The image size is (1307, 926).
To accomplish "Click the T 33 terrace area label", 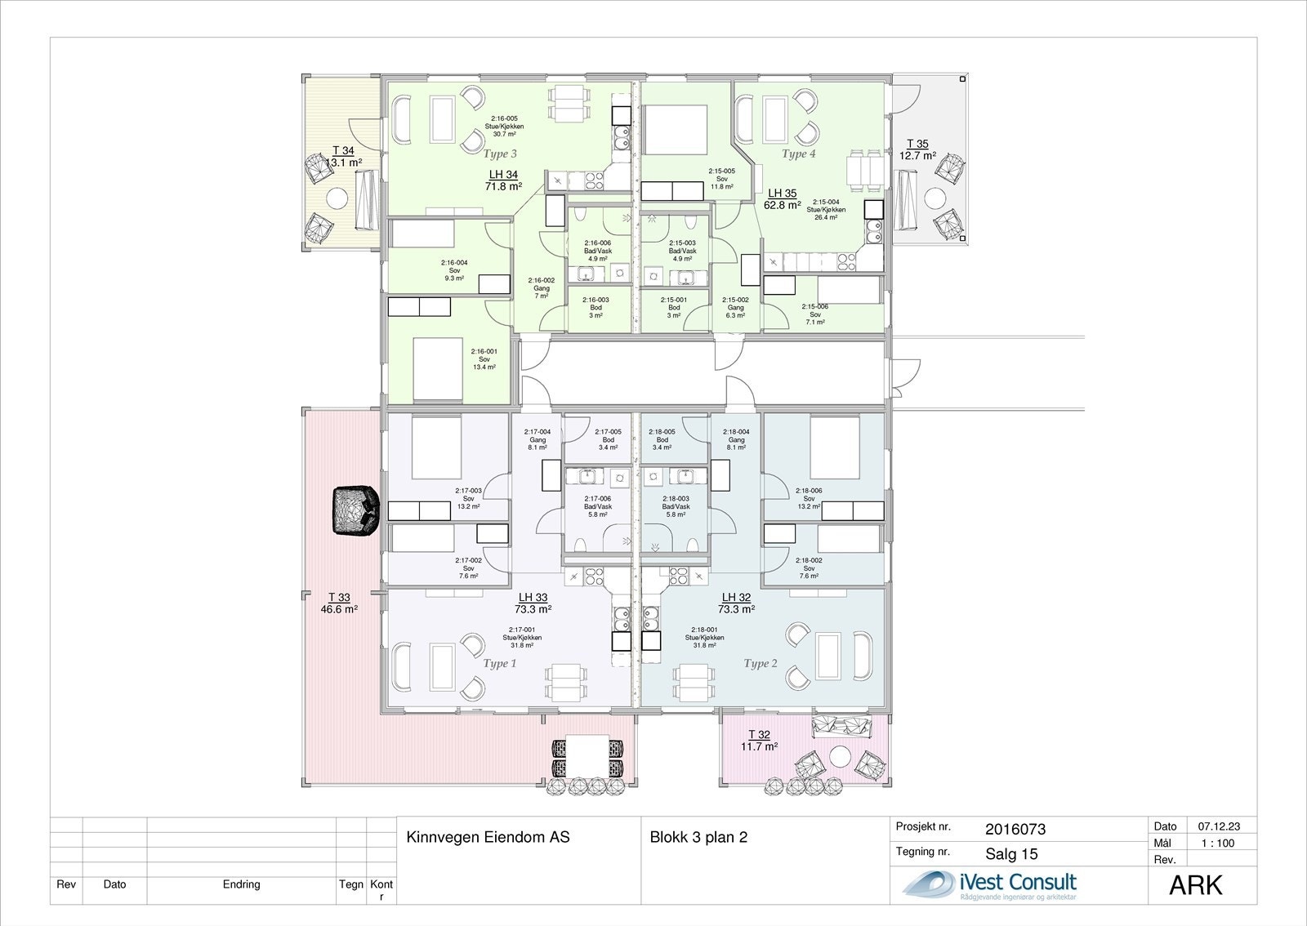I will [339, 603].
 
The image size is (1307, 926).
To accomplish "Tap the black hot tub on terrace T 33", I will [355, 510].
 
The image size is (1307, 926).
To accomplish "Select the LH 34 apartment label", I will [503, 180].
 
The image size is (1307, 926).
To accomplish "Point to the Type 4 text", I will [798, 154].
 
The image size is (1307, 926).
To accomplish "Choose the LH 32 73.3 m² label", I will [736, 603].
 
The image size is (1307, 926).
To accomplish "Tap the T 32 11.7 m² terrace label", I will [759, 741].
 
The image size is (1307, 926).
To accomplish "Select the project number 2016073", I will [1015, 830].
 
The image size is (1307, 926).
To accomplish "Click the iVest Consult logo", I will [988, 885].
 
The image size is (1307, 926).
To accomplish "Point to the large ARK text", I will [1196, 885].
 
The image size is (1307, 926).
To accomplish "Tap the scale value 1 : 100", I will [1217, 844].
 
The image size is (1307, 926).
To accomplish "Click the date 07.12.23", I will [1217, 826].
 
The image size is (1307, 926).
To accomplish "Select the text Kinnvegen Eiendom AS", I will [488, 837].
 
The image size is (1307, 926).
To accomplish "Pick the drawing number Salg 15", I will [1011, 854].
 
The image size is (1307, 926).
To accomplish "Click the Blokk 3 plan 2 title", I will [698, 837].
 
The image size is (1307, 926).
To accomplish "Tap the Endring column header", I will [241, 884].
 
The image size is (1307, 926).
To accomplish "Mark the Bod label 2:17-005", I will [608, 439].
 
